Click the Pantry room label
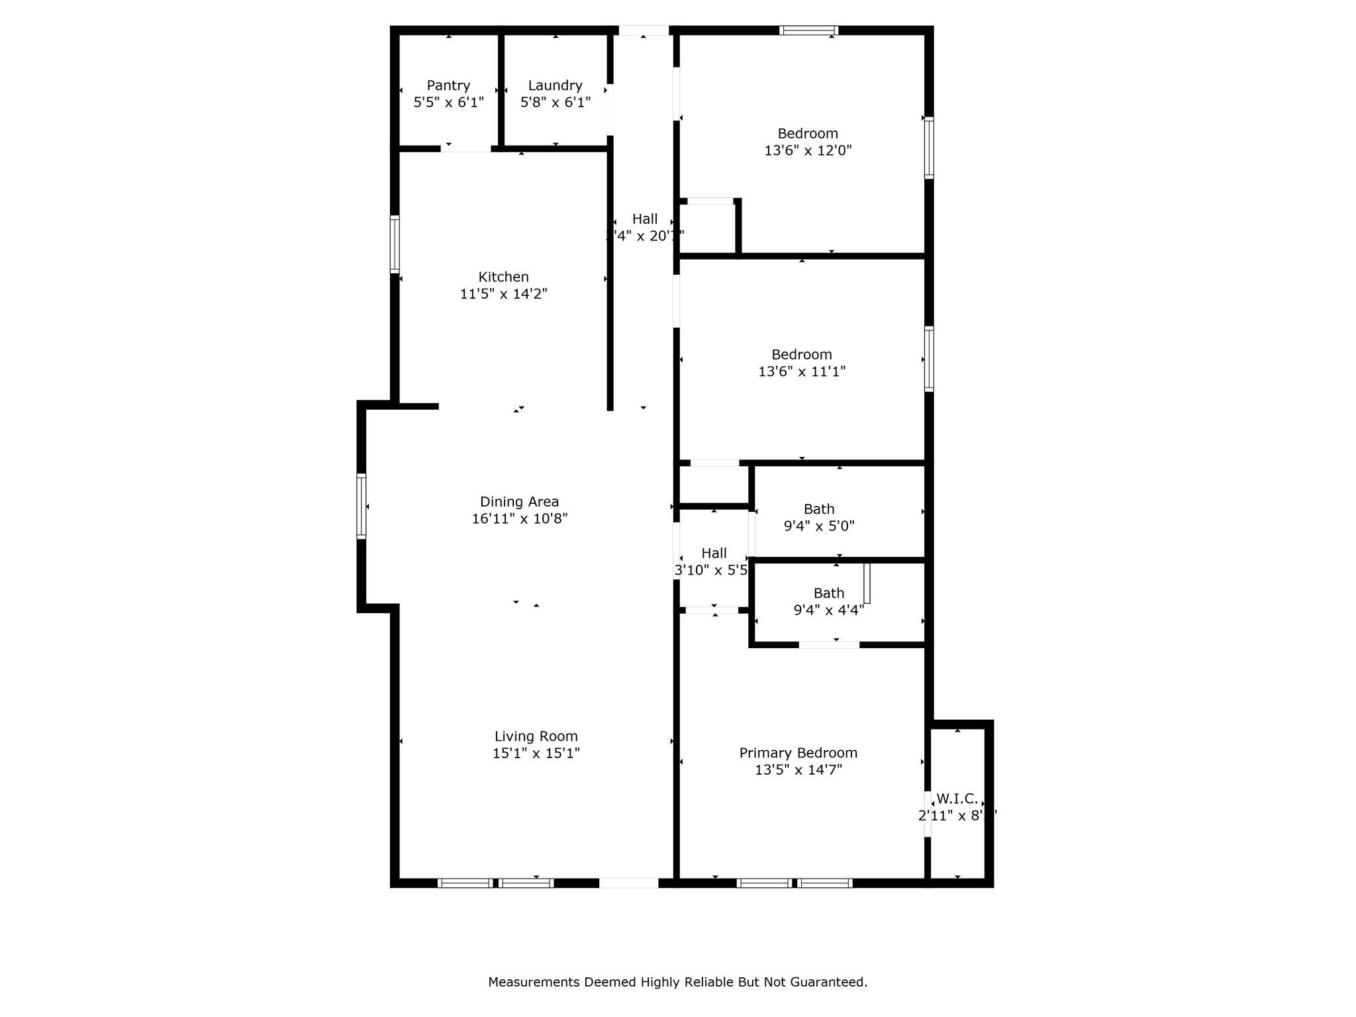(448, 85)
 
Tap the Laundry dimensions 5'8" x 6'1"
(555, 103)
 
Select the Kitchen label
(503, 277)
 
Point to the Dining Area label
(519, 502)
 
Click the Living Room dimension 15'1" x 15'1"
(536, 753)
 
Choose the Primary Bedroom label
(798, 753)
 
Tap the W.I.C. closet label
(957, 799)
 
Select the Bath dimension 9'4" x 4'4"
(828, 610)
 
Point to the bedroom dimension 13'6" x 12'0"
(808, 150)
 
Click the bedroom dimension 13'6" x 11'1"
(802, 371)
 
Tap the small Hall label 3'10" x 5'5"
(714, 554)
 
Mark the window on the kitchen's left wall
(395, 244)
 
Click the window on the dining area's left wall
(362, 506)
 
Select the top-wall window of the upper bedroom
(808, 30)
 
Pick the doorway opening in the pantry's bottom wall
(466, 148)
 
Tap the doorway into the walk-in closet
(928, 814)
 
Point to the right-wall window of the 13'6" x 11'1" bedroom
(929, 359)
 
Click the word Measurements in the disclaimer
(534, 982)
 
